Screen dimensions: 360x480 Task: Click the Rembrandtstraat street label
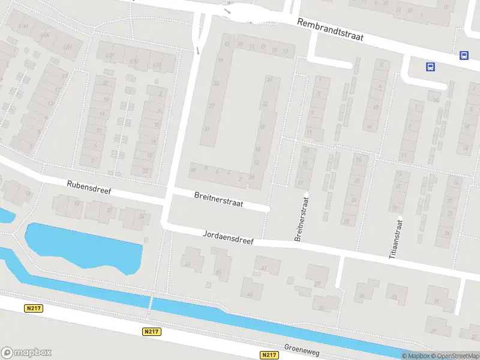(331, 29)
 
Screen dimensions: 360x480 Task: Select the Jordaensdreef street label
(228, 237)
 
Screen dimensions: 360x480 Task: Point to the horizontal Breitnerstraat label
(218, 200)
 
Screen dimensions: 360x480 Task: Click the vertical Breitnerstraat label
(302, 217)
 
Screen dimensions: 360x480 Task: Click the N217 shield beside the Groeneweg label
(269, 355)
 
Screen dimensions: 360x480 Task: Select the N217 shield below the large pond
(152, 331)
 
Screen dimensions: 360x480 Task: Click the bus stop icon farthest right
(464, 55)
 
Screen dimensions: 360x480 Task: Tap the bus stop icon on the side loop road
(430, 67)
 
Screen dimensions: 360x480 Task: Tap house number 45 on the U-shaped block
(227, 44)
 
